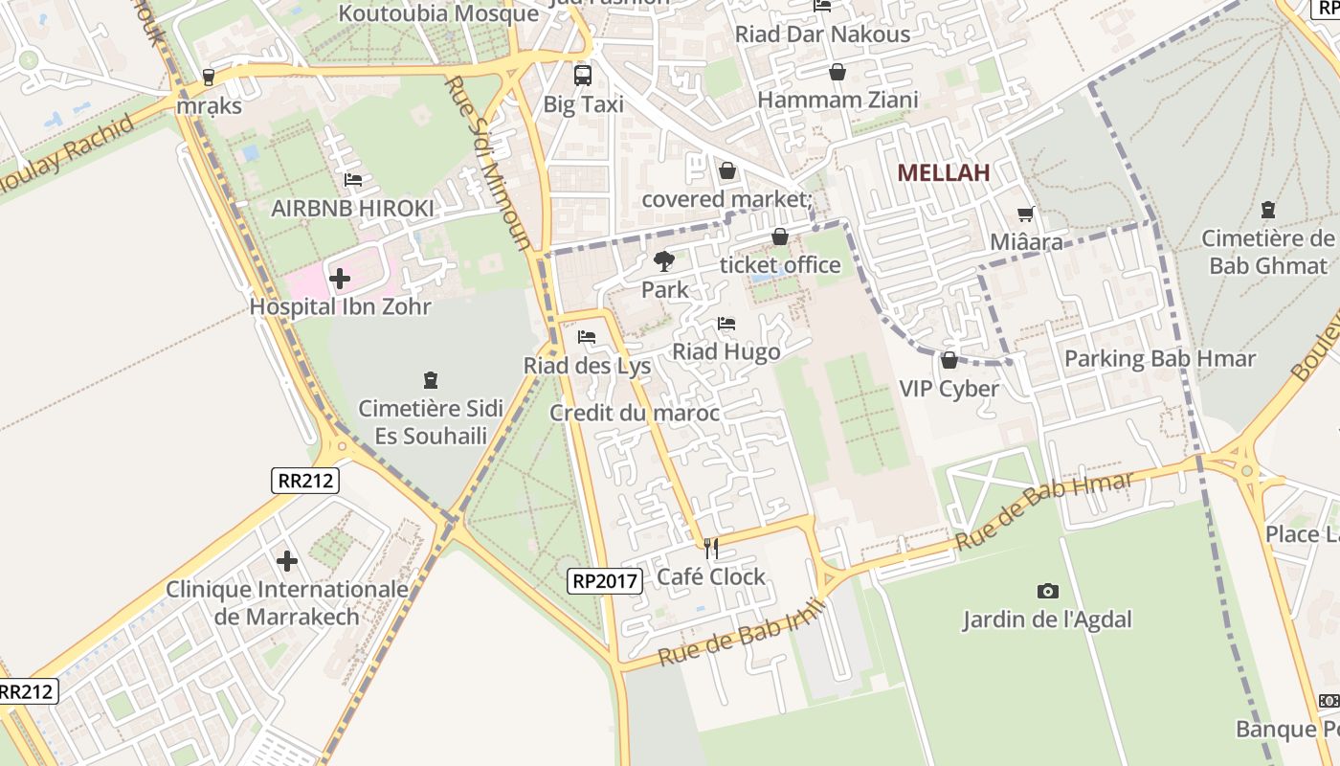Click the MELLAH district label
pos(943,173)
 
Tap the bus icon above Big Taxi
pos(582,75)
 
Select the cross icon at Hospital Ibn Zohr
pos(339,280)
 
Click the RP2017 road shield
pos(604,580)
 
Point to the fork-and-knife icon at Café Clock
pos(710,548)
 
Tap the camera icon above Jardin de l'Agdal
pos(1047,592)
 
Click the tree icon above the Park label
pos(663,260)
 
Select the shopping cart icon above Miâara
pos(1025,214)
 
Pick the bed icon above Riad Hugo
pos(726,324)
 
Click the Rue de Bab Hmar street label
pos(1044,509)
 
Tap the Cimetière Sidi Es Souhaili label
pos(430,421)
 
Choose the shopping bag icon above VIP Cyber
pos(949,360)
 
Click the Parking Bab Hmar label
pos(1159,359)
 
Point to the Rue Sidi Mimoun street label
pos(487,163)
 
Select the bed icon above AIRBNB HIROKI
pos(352,180)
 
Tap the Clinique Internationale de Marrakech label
pos(287,602)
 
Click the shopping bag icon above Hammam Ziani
pos(837,72)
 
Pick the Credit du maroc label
pos(634,413)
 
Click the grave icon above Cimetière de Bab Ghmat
pos(1268,210)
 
